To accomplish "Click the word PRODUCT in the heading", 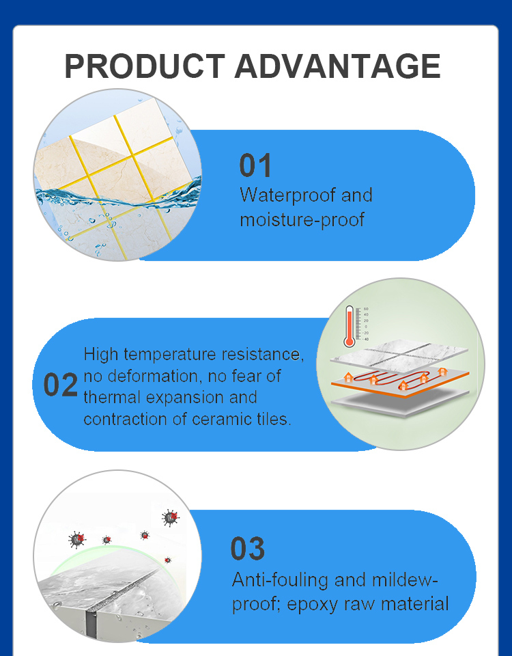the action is click(x=145, y=66).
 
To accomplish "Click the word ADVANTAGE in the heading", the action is click(x=337, y=66).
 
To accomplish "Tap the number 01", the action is click(x=255, y=165).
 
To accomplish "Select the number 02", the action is click(x=61, y=385).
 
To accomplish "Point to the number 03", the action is click(x=247, y=549).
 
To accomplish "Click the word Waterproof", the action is click(x=288, y=195).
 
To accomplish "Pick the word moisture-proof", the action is click(x=302, y=219).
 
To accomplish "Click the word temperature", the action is click(x=170, y=355).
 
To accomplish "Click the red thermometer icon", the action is click(x=350, y=327).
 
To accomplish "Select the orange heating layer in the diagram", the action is click(x=400, y=381).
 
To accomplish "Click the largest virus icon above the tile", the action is click(x=171, y=518).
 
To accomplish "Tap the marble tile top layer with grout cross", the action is click(x=399, y=355).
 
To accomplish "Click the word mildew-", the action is click(x=405, y=579).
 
